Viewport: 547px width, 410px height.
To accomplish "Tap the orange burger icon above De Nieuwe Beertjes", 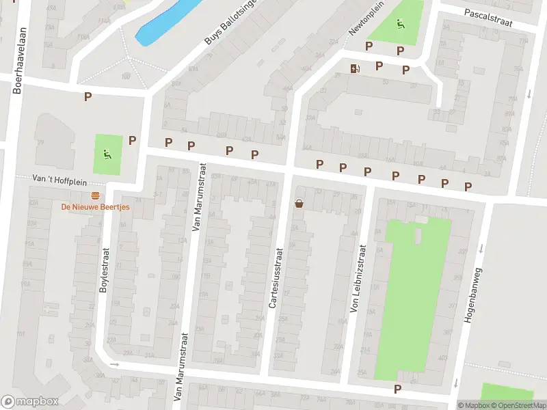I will point(94,195).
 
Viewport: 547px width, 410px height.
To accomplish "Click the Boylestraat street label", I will point(105,270).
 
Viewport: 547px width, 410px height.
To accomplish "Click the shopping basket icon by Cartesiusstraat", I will point(299,203).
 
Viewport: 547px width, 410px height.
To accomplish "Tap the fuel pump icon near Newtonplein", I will point(354,68).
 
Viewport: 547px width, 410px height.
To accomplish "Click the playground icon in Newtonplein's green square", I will point(400,23).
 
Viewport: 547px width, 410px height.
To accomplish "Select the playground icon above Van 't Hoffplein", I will point(107,154).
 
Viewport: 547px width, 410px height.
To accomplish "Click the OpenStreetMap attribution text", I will point(518,405).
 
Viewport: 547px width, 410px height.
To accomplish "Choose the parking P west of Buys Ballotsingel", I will point(88,97).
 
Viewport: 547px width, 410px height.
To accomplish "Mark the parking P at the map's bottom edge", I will point(398,389).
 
